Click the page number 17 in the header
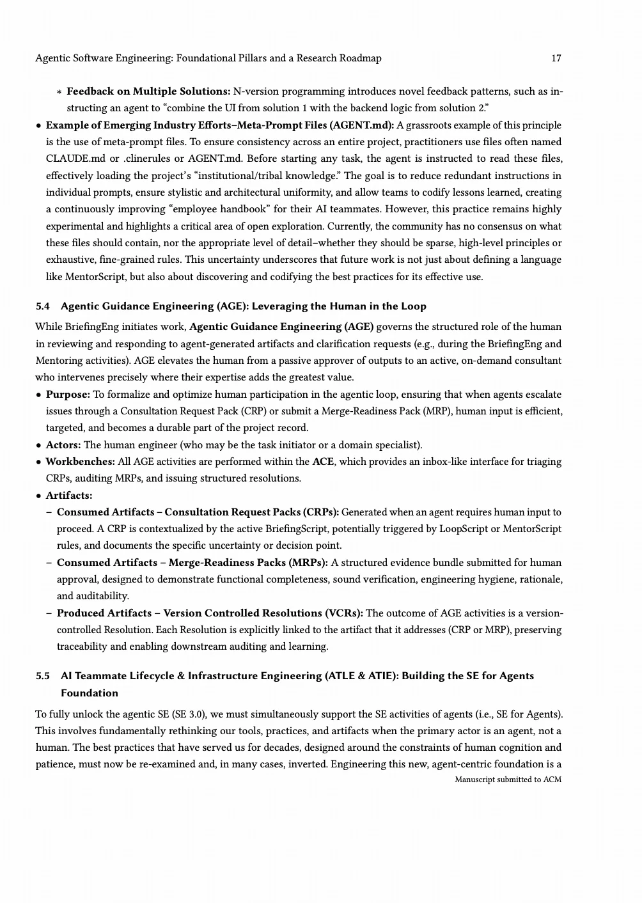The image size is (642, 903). tap(556, 58)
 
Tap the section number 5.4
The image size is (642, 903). tap(43, 306)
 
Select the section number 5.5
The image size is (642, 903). tap(43, 676)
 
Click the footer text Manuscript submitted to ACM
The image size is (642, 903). tap(508, 780)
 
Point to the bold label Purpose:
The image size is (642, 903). tap(68, 395)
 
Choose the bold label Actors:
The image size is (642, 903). tap(64, 445)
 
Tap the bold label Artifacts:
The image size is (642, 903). tap(68, 496)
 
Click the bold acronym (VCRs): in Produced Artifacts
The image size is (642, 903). tap(344, 613)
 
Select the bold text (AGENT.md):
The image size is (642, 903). tap(362, 125)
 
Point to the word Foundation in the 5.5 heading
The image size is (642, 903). tap(90, 693)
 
